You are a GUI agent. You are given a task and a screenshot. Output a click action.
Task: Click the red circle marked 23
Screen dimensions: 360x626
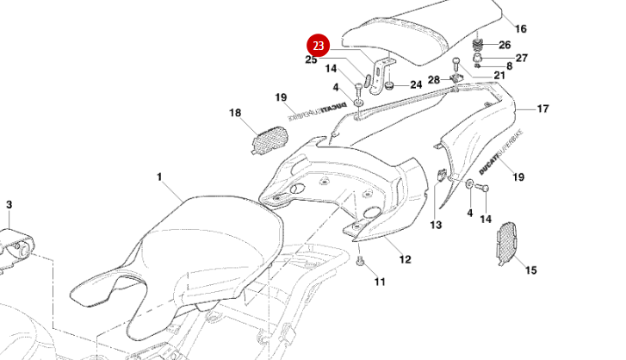pos(319,45)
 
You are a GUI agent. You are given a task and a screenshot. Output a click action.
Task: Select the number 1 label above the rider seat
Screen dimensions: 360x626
pos(159,177)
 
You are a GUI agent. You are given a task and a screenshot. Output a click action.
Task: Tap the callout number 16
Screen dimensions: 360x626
pos(520,28)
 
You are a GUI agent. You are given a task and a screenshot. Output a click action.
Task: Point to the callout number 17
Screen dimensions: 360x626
pos(542,109)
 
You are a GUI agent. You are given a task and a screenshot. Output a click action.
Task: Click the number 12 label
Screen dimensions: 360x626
pos(405,258)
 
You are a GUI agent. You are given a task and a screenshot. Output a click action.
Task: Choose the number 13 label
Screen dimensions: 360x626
pos(436,225)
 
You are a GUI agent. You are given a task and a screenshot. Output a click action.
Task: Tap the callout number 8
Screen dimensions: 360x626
pos(509,66)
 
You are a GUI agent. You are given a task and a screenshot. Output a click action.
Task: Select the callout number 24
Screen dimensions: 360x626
pos(416,84)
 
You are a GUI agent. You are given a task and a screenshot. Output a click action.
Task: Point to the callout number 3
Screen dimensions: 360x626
pos(9,204)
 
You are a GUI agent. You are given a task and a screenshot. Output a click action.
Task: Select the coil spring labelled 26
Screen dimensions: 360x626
pos(478,42)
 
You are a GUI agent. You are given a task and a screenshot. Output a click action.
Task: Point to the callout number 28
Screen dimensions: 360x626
pos(434,80)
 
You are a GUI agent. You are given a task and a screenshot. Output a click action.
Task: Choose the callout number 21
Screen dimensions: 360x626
pos(499,76)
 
